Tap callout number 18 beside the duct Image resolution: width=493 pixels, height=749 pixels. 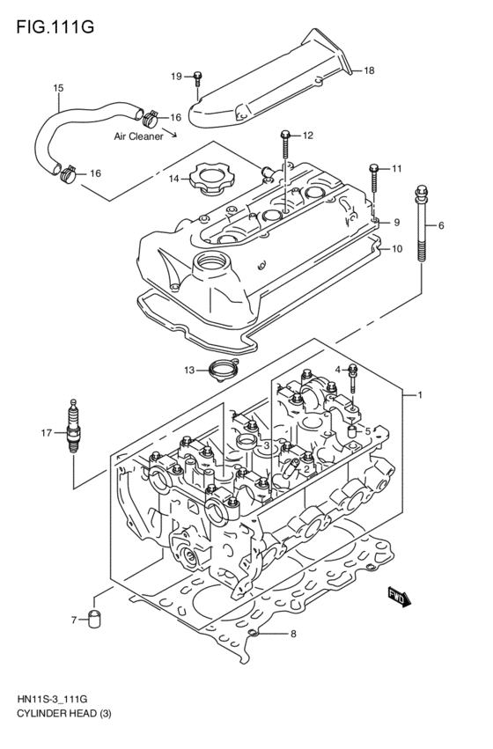(369, 70)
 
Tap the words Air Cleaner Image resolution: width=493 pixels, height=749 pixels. (139, 137)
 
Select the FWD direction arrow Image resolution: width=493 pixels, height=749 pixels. (398, 598)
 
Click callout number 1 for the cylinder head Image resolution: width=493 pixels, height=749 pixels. (420, 395)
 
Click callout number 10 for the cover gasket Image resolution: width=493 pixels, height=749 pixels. (397, 249)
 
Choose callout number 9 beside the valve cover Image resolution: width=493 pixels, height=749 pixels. (397, 222)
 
